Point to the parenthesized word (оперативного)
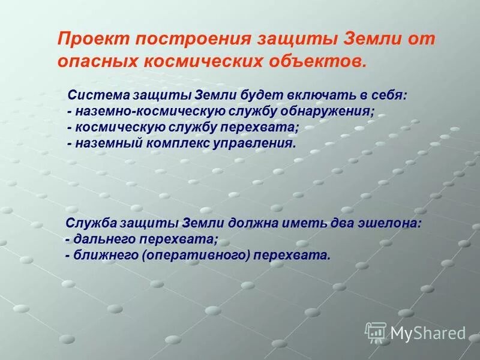click(197, 256)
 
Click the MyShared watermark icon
click(376, 332)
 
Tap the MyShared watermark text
click(428, 332)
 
